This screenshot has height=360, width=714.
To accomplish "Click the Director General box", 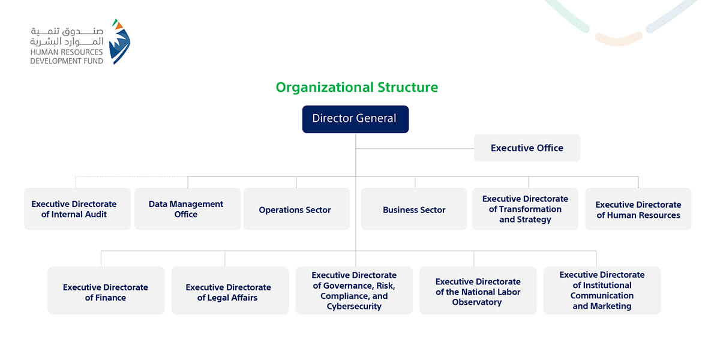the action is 355,119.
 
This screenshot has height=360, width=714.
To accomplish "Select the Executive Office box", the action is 527,148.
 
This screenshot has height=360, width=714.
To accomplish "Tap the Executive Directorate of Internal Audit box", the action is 77,209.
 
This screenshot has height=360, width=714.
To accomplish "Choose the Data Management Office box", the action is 188,209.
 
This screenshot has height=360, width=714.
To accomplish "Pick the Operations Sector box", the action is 296,209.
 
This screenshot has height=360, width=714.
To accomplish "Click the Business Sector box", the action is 414,209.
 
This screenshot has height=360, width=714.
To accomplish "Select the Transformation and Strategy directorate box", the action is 525,209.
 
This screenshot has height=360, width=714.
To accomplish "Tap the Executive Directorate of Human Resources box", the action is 638,209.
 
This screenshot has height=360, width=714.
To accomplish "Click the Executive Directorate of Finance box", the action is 106,290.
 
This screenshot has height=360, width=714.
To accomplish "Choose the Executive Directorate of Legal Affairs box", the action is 230,290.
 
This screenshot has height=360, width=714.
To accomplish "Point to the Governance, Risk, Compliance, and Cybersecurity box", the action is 354,290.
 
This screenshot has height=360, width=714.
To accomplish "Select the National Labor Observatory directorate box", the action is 478,290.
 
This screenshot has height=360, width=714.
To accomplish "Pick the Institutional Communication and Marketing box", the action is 602,290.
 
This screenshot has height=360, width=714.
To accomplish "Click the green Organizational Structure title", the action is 357,88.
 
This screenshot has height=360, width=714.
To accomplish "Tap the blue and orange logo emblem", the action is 119,41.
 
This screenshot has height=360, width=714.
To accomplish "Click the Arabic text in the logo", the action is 67,37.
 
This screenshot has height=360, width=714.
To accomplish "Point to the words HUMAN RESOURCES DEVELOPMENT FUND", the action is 67,56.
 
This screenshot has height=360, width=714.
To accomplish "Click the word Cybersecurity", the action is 354,306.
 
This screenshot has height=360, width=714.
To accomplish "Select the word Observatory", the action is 477,302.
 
